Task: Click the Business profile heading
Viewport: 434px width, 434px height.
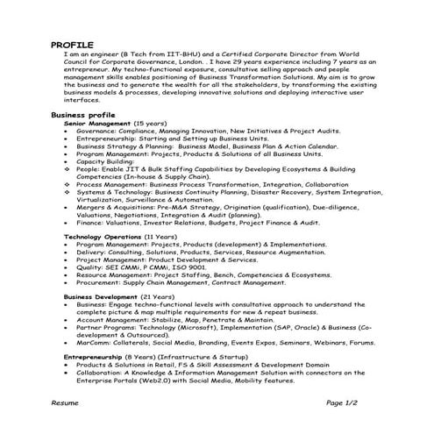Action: [x=82, y=115]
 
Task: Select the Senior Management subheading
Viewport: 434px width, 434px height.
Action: [x=96, y=124]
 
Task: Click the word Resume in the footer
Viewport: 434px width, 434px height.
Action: [x=65, y=402]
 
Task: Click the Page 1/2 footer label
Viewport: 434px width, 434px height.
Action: [x=345, y=402]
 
